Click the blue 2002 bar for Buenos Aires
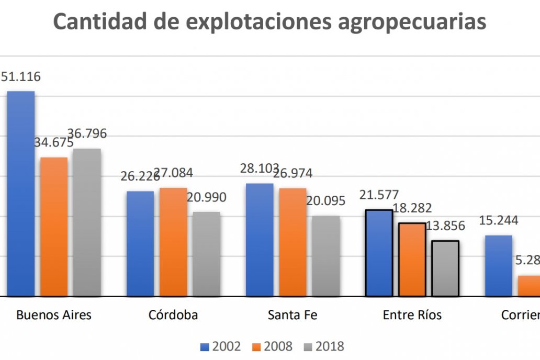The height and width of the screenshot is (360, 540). point(21,194)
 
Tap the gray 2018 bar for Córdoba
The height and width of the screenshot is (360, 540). point(206,254)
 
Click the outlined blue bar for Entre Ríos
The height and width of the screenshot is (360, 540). point(379,253)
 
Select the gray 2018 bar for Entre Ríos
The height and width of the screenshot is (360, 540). point(445,268)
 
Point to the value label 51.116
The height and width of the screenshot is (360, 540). point(20,77)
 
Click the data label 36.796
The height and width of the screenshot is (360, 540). point(87,134)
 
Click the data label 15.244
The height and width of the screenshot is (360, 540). point(499,220)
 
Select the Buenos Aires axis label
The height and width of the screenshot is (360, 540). point(54,315)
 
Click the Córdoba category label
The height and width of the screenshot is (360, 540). point(173,315)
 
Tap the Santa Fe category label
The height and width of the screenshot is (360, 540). point(292,315)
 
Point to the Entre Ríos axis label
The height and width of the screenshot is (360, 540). point(412,315)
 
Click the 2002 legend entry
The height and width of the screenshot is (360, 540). point(221,346)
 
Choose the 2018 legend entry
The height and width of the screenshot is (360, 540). point(324,346)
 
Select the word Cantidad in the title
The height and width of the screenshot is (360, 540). point(99,22)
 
